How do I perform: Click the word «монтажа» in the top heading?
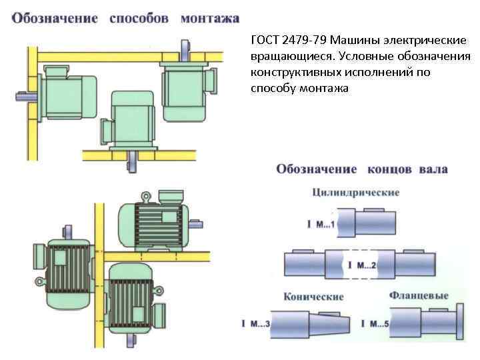[209, 18]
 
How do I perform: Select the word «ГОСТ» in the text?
[265, 40]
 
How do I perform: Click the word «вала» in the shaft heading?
[433, 169]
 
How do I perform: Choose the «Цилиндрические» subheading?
[355, 193]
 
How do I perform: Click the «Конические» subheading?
[313, 296]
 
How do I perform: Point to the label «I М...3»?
[255, 325]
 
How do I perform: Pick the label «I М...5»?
[374, 325]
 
